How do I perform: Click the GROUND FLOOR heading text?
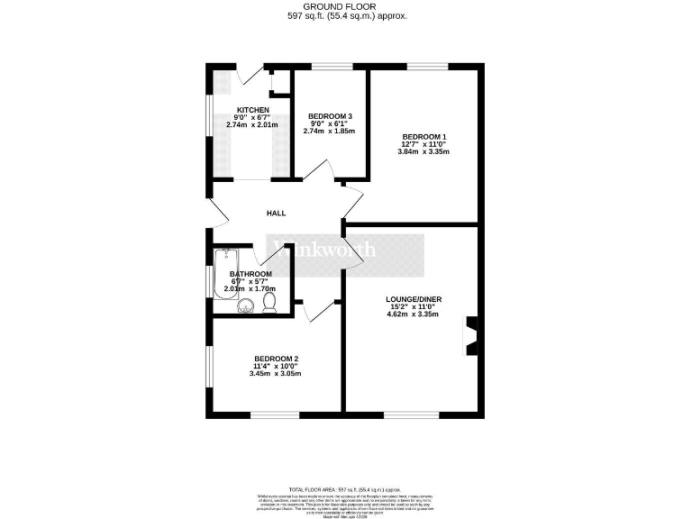[x=346, y=6]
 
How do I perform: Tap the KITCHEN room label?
[x=252, y=109]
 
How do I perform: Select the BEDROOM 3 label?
[x=331, y=116]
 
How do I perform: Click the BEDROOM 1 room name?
[x=423, y=136]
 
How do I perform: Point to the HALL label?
[x=276, y=214]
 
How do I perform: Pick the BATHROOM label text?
[x=250, y=274]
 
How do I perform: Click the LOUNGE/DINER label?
[x=410, y=299]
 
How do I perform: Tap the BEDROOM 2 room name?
[x=276, y=358]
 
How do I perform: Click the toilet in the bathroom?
[x=269, y=305]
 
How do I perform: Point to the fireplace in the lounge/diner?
[x=470, y=335]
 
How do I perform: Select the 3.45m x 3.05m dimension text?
[x=276, y=373]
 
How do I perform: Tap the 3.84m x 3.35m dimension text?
[x=423, y=151]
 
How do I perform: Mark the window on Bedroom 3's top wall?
[x=331, y=67]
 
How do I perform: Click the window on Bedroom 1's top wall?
[x=426, y=67]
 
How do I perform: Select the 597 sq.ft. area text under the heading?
[x=346, y=16]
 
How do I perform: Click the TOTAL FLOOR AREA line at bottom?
[x=346, y=487]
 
